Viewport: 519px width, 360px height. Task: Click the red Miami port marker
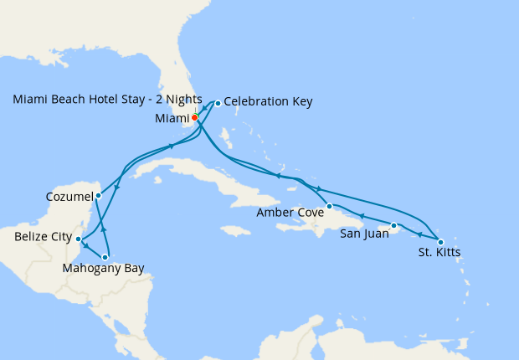pos(194,118)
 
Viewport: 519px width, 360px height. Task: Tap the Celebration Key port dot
pos(218,103)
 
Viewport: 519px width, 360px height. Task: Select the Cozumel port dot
pos(98,196)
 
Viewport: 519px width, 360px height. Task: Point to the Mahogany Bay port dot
pos(105,257)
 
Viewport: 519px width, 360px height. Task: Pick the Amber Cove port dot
pos(329,206)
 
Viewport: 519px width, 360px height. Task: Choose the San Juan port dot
pos(393,225)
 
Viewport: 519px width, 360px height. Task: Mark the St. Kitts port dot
pos(440,242)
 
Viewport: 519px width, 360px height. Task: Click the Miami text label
pos(172,118)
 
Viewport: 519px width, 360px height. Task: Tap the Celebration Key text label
pos(268,102)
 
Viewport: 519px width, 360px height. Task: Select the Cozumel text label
pos(69,197)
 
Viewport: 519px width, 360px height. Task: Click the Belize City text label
pos(43,238)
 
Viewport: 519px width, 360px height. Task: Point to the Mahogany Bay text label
pos(103,269)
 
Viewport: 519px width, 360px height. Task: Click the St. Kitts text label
pos(439,252)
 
